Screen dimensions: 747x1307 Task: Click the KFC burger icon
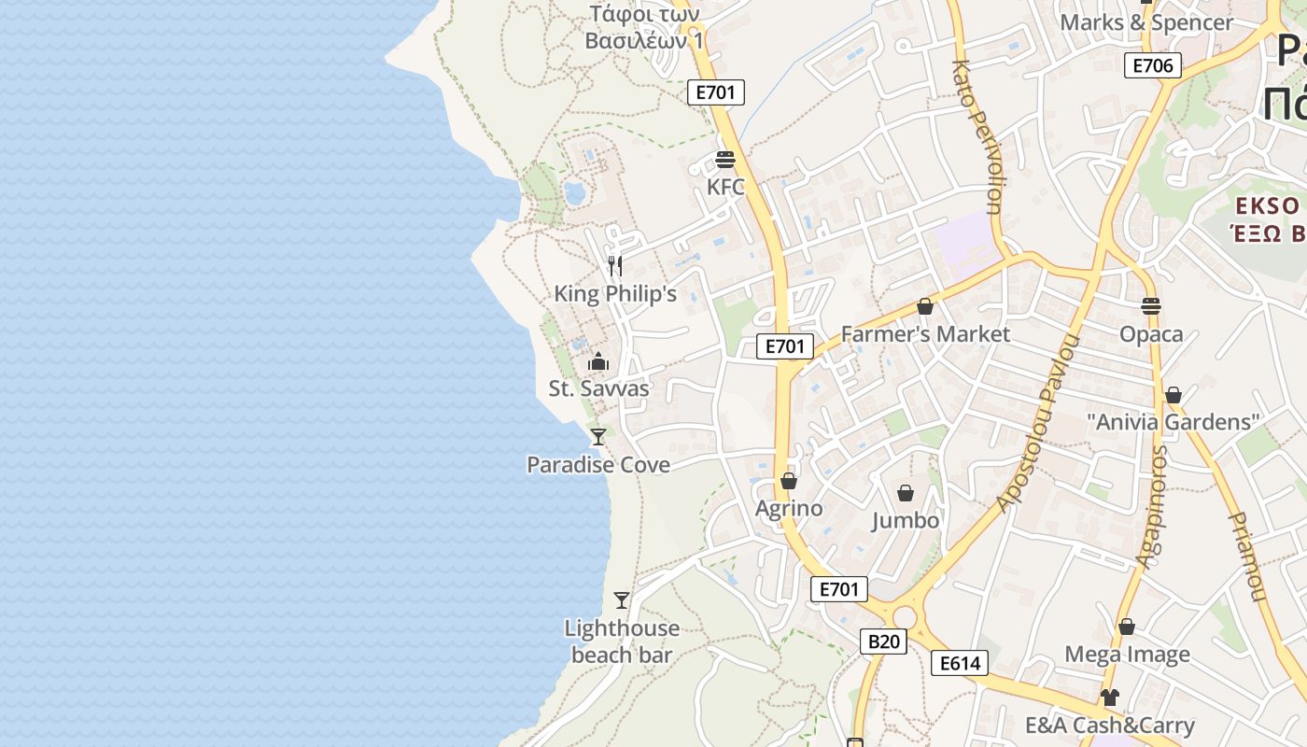click(725, 159)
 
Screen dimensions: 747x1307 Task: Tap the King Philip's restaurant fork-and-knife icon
click(614, 266)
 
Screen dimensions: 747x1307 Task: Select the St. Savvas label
click(598, 388)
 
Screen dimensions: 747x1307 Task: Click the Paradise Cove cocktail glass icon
click(598, 436)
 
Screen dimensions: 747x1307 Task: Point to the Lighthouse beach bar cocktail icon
click(622, 599)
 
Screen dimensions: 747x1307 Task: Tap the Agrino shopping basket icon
click(789, 481)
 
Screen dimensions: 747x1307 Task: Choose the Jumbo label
click(906, 520)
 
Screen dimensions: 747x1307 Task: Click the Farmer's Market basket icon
click(925, 306)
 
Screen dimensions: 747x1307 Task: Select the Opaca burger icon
click(1151, 305)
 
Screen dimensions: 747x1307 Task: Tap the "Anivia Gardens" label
click(1173, 422)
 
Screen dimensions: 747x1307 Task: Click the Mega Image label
click(1127, 655)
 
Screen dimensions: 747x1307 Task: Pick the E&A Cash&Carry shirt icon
click(1109, 697)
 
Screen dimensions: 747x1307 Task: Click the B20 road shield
click(883, 641)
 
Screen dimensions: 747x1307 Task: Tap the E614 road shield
click(960, 664)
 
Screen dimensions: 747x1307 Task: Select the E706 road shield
click(1153, 65)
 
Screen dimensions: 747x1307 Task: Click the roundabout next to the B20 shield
click(904, 617)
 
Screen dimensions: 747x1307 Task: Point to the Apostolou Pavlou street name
click(1038, 423)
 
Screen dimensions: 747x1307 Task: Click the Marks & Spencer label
click(1146, 22)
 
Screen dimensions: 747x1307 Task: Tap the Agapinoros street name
click(1151, 507)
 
